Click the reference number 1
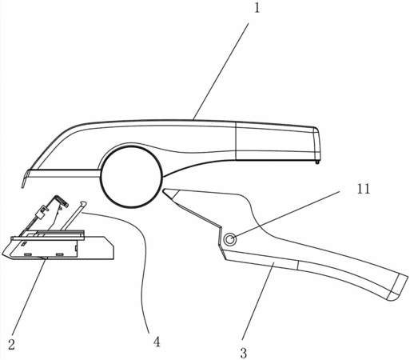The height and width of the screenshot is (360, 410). coord(257,8)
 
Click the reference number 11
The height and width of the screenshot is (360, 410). coord(364,189)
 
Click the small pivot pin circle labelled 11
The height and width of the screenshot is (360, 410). coord(229,239)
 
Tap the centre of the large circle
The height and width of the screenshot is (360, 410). coord(131,177)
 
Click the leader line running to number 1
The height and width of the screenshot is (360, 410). coord(221,71)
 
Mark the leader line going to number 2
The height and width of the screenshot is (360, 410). coord(28,296)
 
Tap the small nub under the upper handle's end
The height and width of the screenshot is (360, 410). coord(317,162)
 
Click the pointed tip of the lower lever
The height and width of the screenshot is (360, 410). coord(164,190)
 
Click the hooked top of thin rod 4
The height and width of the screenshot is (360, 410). coord(83,203)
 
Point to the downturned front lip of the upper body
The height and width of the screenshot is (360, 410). coord(25,179)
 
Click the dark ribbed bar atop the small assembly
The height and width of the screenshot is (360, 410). coord(61,234)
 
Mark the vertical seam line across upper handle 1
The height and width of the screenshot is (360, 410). coord(236,141)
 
